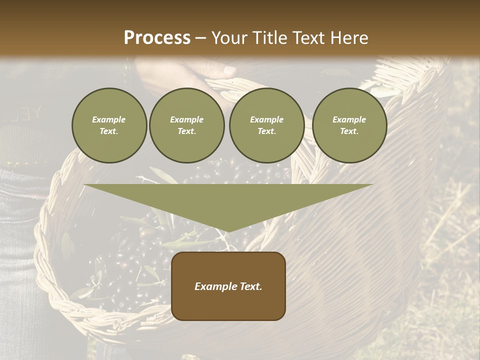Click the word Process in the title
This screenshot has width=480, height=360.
tap(157, 38)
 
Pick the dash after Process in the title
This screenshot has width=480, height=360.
tap(200, 38)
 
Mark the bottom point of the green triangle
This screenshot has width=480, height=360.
tap(228, 231)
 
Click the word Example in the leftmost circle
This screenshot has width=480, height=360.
tap(109, 119)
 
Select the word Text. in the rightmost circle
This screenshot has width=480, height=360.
tap(349, 131)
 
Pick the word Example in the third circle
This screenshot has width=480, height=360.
tap(267, 119)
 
